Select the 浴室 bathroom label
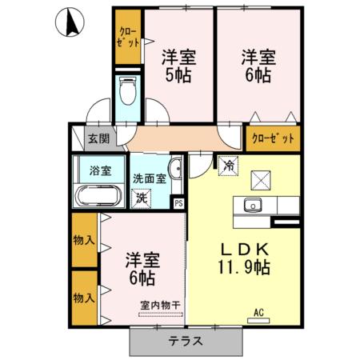[99, 170]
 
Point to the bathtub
[97, 197]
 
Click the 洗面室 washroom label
[150, 178]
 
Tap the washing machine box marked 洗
[142, 197]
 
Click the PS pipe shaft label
[178, 202]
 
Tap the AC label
[258, 312]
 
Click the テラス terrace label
[185, 340]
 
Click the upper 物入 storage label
[84, 239]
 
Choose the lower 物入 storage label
[84, 298]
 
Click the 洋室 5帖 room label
[178, 67]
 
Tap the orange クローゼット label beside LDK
[274, 138]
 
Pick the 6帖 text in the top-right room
[258, 78]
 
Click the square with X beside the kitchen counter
[262, 178]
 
